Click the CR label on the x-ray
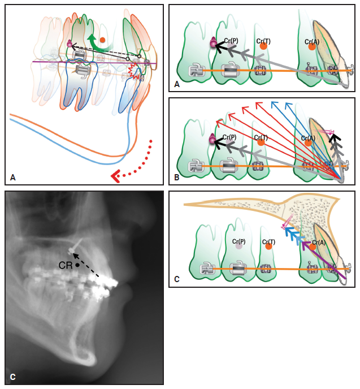[x=66, y=265]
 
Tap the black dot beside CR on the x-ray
[x=77, y=265]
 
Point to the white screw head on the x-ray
[x=71, y=250]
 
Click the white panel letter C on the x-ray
[x=13, y=377]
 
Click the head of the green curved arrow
[x=92, y=38]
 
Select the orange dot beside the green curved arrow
[x=102, y=40]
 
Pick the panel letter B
[x=177, y=178]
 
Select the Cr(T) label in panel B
[x=261, y=137]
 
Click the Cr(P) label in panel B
[x=229, y=137]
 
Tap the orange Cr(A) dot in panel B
[x=308, y=142]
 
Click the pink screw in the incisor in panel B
[x=325, y=131]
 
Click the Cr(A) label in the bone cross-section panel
[x=319, y=243]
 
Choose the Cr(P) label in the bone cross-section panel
[x=238, y=241]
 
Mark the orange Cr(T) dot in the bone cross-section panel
[x=268, y=247]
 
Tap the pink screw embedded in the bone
[x=288, y=221]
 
